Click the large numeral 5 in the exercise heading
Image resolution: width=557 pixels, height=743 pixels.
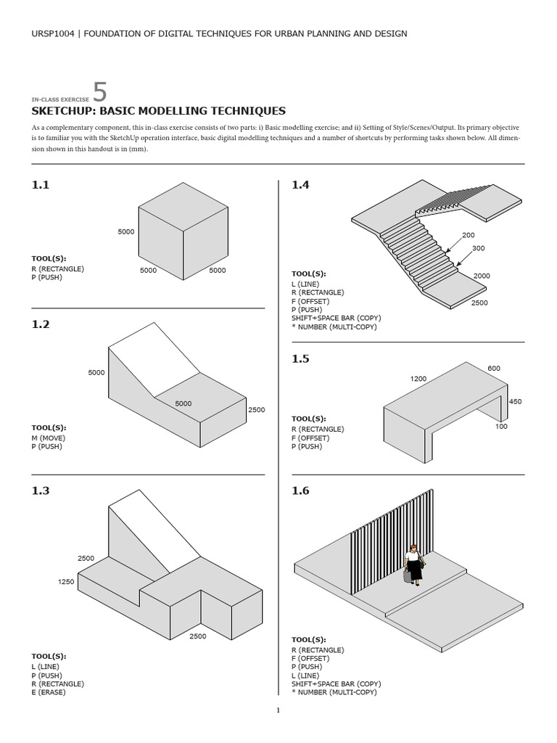point(100,92)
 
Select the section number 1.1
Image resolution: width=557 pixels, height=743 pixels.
point(41,185)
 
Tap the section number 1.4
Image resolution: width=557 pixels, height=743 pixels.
point(300,185)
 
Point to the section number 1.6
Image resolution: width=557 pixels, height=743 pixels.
point(300,490)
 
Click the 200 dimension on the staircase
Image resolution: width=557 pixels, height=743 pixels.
point(469,236)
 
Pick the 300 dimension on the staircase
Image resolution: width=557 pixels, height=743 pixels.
point(478,248)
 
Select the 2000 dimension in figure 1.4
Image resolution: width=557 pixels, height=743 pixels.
point(482,276)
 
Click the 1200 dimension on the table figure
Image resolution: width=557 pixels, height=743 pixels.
point(418,379)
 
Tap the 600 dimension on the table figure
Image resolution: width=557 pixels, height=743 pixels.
point(494,369)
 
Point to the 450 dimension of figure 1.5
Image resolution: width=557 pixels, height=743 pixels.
point(515,401)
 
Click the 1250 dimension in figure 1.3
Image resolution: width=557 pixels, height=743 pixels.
point(66,582)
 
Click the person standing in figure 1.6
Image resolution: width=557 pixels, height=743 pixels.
point(415,565)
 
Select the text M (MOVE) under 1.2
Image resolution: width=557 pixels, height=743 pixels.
point(48,438)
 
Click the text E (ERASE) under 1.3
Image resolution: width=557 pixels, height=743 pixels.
point(50,692)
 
